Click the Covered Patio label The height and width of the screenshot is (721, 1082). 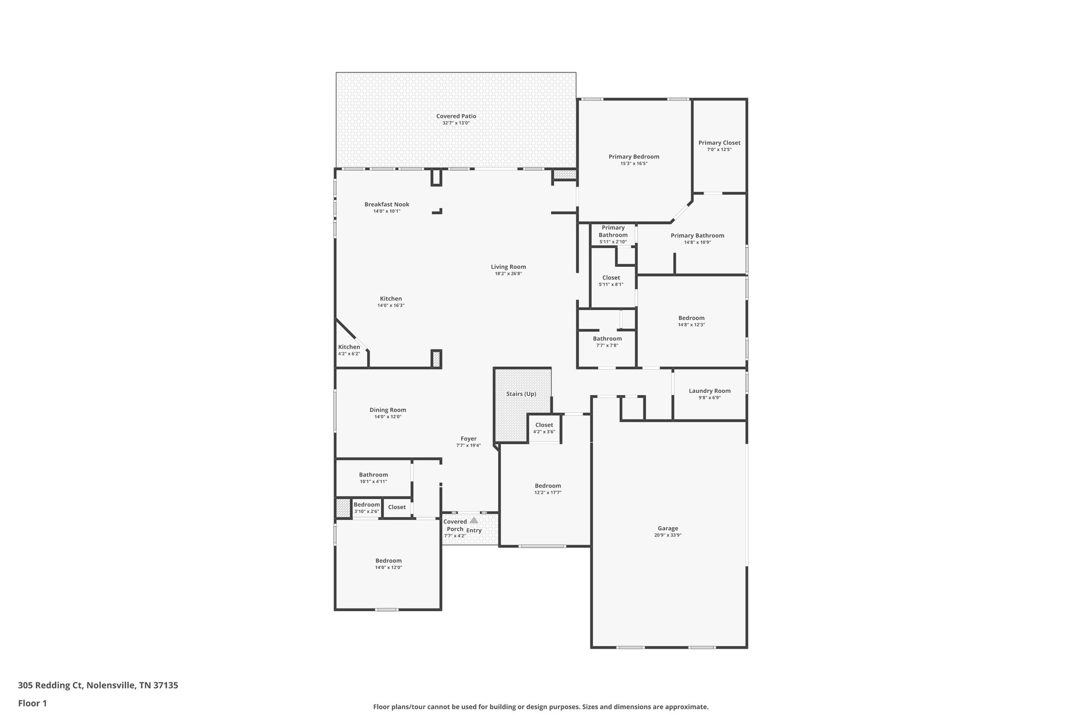(x=456, y=116)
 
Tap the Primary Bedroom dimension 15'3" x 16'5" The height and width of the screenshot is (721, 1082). (x=633, y=164)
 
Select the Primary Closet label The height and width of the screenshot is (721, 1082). (x=719, y=143)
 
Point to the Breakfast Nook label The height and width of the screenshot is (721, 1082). (x=387, y=204)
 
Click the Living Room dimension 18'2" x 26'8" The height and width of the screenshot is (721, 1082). (x=508, y=274)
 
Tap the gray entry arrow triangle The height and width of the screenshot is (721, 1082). (x=474, y=520)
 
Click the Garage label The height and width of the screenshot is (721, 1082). (x=668, y=528)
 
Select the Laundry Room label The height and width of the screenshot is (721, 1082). (x=710, y=391)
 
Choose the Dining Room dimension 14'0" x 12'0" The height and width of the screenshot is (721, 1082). (x=388, y=417)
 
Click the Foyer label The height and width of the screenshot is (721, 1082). (x=469, y=438)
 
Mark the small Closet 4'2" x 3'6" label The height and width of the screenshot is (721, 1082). (x=544, y=425)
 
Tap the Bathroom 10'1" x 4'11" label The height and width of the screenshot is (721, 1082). (x=374, y=475)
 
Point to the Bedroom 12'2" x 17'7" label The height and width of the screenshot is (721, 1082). (x=548, y=486)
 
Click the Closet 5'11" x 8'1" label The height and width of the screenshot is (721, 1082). (x=611, y=278)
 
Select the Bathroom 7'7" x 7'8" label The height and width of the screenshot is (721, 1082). (x=607, y=339)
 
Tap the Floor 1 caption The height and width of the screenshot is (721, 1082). (x=32, y=703)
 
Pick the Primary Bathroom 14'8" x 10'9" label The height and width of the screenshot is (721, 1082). (x=697, y=236)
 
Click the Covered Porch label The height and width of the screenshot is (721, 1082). (x=455, y=525)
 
